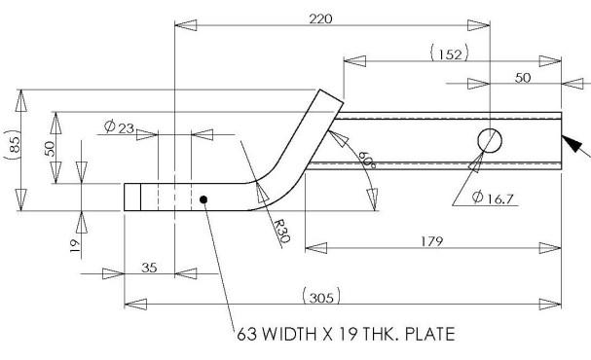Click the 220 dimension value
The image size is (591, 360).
320,18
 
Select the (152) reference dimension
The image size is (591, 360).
450,54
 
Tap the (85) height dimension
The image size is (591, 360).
14,145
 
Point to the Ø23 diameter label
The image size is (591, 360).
119,126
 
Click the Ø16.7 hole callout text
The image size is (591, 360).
493,198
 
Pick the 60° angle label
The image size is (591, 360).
366,160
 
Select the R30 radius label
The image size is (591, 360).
282,231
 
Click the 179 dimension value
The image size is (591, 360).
432,241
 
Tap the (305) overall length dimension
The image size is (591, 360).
321,297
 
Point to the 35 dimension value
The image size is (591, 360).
149,268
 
